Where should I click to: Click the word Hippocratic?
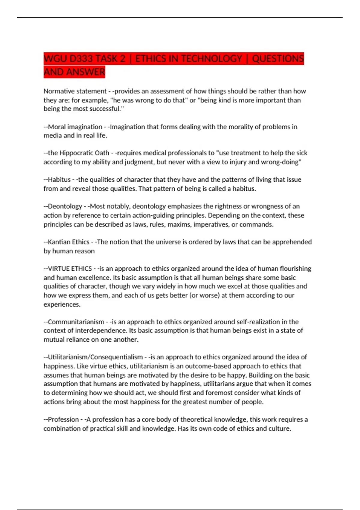76,153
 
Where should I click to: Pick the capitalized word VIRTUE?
59,268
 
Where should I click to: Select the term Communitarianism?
76,322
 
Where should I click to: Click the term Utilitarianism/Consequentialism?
95,357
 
